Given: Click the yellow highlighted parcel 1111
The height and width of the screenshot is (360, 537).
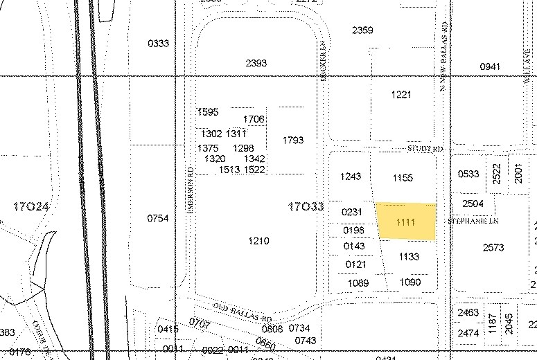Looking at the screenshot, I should tap(406, 222).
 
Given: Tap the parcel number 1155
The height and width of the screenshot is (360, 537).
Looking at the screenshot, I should tap(403, 178).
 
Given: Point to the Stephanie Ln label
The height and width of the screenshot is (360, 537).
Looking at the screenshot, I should tap(474, 221).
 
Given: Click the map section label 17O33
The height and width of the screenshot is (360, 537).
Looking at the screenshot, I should tap(306, 207).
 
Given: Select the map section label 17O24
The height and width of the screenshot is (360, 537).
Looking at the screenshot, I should tap(31, 206).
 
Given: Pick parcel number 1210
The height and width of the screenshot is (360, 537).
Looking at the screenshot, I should tap(258, 241).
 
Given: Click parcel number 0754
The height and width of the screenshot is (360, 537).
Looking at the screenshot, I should tap(158, 218).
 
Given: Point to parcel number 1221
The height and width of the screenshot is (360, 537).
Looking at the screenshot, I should tap(401, 95).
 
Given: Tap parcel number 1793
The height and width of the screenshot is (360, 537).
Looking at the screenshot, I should tap(293, 141).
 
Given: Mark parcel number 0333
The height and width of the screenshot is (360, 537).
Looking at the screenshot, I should tap(158, 44).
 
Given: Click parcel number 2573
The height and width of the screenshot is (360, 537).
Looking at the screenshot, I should tap(493, 247).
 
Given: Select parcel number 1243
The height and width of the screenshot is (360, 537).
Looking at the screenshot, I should tap(351, 177).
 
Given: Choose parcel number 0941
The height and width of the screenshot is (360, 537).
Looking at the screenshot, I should tap(489, 66).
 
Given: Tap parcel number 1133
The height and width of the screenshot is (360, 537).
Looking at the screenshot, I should tap(409, 257).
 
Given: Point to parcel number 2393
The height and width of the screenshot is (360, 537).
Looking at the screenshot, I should tap(256, 63).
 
